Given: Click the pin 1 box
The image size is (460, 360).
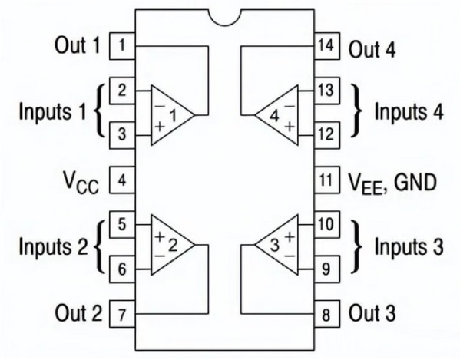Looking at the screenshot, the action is point(122,46).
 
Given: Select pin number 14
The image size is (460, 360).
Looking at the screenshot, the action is point(327,46).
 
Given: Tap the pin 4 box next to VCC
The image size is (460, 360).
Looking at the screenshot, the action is point(122,180).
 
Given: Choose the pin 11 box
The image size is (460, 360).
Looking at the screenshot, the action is point(327,180).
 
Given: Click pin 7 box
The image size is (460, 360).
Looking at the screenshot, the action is point(122,314).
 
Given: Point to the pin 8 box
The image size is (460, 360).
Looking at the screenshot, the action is point(327,314).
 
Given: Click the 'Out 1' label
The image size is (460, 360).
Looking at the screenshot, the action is point(78,45).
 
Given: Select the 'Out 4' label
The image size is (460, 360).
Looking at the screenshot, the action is point(372,49).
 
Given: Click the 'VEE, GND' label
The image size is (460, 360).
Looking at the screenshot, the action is point(392,183).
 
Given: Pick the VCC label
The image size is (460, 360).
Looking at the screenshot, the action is point(81,183).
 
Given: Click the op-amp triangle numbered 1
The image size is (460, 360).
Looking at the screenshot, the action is point(173,115).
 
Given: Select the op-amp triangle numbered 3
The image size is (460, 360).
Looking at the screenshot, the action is point(276,245).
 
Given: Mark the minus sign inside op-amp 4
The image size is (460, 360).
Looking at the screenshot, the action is point(290,106).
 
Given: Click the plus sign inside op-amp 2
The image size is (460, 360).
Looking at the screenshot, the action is point(161,236).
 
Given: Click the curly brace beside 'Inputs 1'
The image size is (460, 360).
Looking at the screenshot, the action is point(99,111).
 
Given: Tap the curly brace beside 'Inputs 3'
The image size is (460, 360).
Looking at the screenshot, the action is point(357,246).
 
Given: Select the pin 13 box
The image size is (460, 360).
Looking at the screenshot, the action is point(327,91).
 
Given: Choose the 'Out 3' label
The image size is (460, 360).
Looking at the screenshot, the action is point(372,313).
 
